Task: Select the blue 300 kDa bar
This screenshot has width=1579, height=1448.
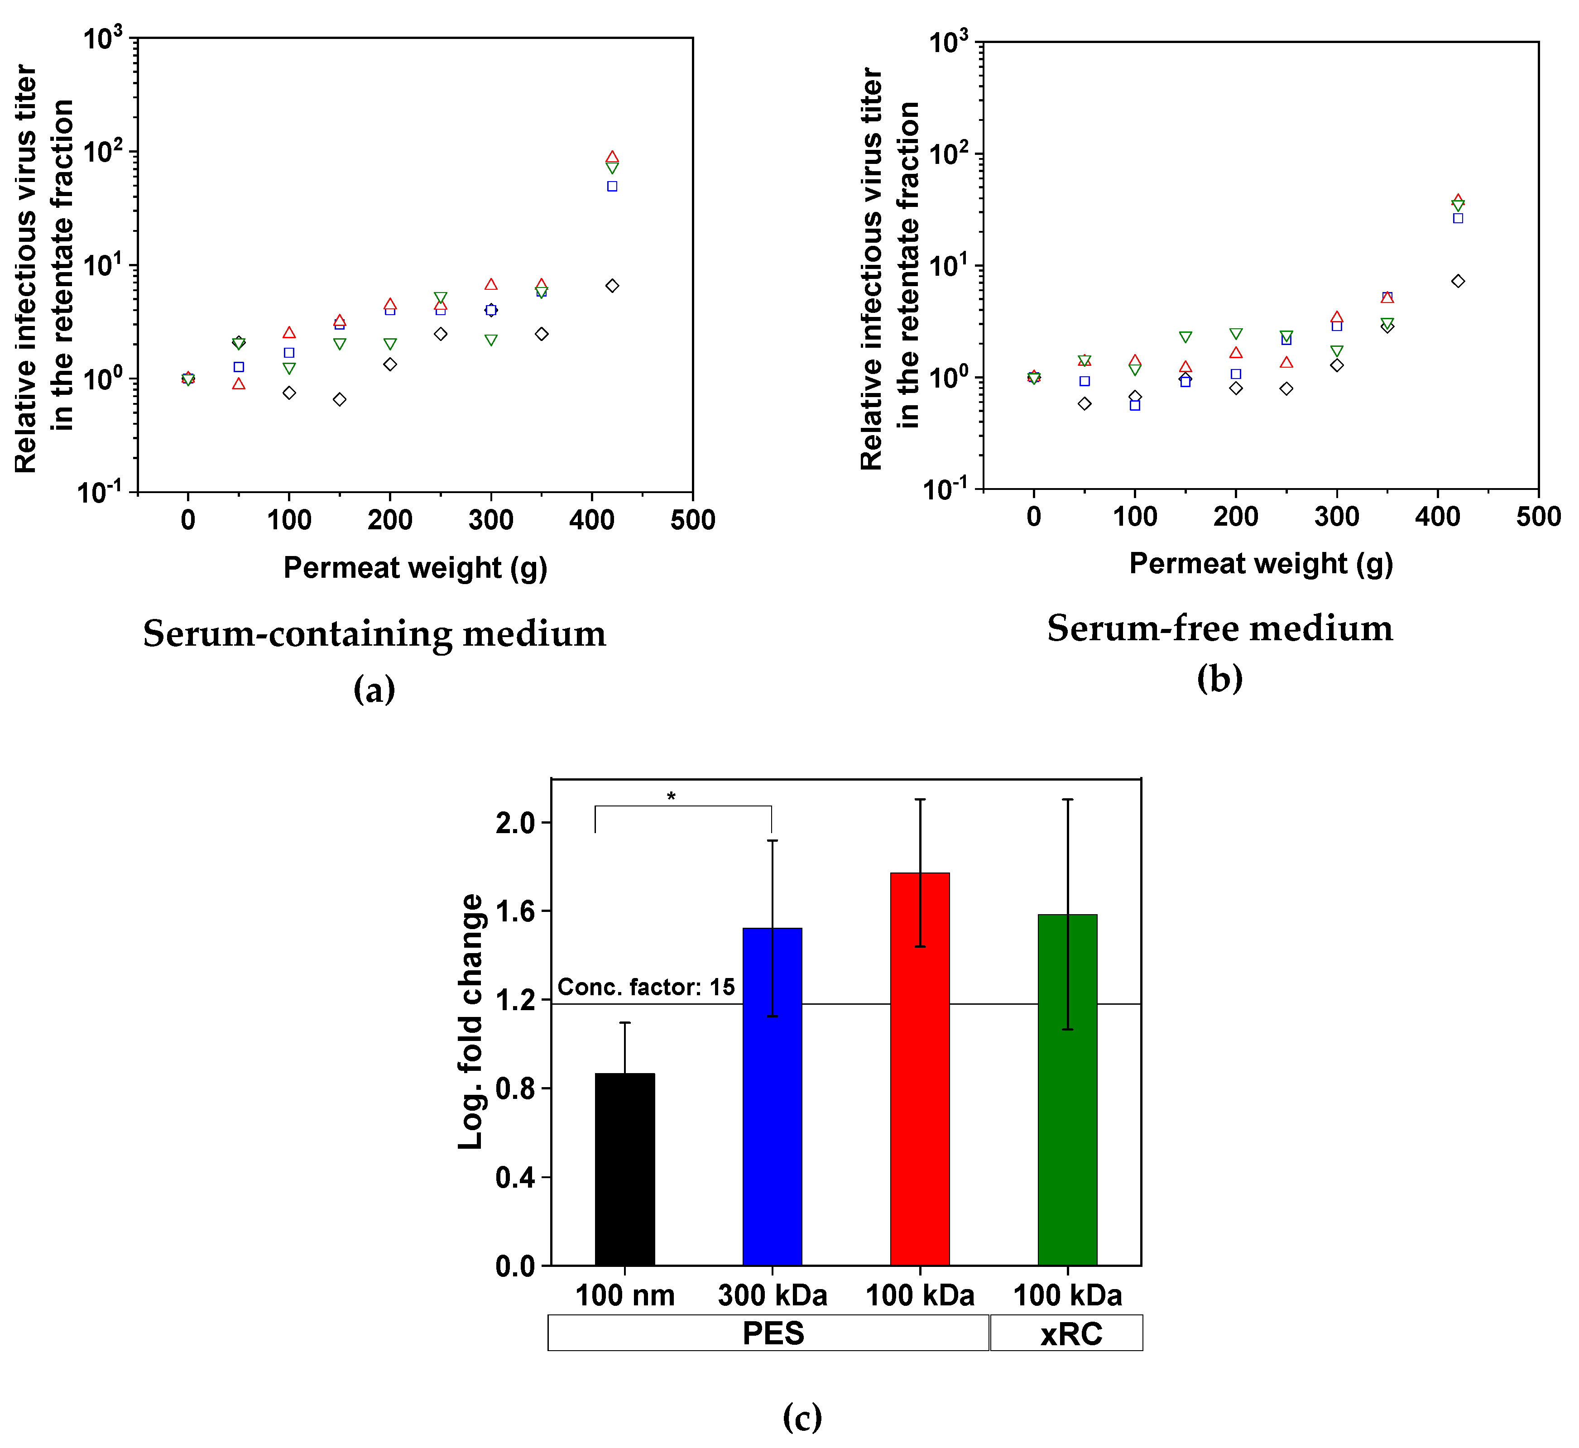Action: coord(772,1097)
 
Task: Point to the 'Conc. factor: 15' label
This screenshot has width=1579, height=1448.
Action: coord(646,987)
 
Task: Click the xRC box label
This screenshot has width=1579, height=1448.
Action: coord(1070,1333)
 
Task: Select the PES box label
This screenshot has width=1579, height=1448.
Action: coord(773,1333)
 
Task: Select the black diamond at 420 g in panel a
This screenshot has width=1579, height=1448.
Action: coord(612,286)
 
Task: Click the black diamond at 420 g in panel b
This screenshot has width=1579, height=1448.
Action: coord(1458,281)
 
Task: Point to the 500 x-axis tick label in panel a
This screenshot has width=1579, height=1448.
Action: coord(693,520)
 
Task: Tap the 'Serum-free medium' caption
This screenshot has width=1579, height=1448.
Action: coord(1219,628)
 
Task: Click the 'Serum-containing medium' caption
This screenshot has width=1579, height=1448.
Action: coord(374,633)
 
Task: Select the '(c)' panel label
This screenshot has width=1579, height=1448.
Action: coord(802,1417)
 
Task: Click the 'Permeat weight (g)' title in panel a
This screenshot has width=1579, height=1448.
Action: coord(415,567)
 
